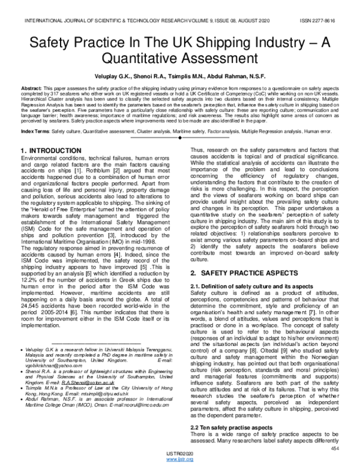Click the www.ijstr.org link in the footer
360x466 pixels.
tap(181, 460)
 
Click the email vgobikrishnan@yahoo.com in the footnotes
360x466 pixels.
tap(56, 383)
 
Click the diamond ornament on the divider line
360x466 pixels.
tap(180, 138)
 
